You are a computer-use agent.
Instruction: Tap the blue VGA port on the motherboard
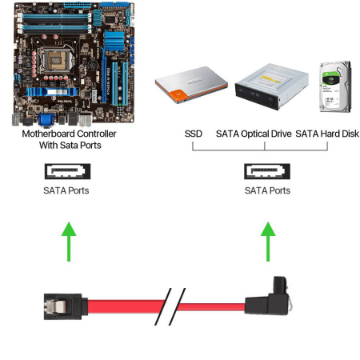[x=46, y=120]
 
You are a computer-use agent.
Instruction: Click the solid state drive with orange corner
[x=191, y=85]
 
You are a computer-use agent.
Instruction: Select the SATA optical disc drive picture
[x=271, y=86]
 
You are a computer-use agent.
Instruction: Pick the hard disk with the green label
[x=336, y=87]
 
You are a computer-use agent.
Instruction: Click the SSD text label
[x=194, y=134]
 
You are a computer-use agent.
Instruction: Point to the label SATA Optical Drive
[x=254, y=134]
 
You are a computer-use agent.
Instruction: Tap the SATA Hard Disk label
[x=327, y=134]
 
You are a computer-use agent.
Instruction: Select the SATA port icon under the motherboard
[x=67, y=171]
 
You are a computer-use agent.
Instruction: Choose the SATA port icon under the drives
[x=267, y=171]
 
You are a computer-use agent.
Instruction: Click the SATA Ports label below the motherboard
[x=66, y=190]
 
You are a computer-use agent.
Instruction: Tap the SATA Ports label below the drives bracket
[x=267, y=190]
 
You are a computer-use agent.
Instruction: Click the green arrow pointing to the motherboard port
[x=69, y=242]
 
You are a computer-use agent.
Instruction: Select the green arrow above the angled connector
[x=268, y=242]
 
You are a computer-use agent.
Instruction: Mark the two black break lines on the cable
[x=170, y=306]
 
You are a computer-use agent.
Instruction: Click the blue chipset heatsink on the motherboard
[x=114, y=41]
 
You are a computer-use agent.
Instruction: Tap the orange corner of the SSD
[x=177, y=97]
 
